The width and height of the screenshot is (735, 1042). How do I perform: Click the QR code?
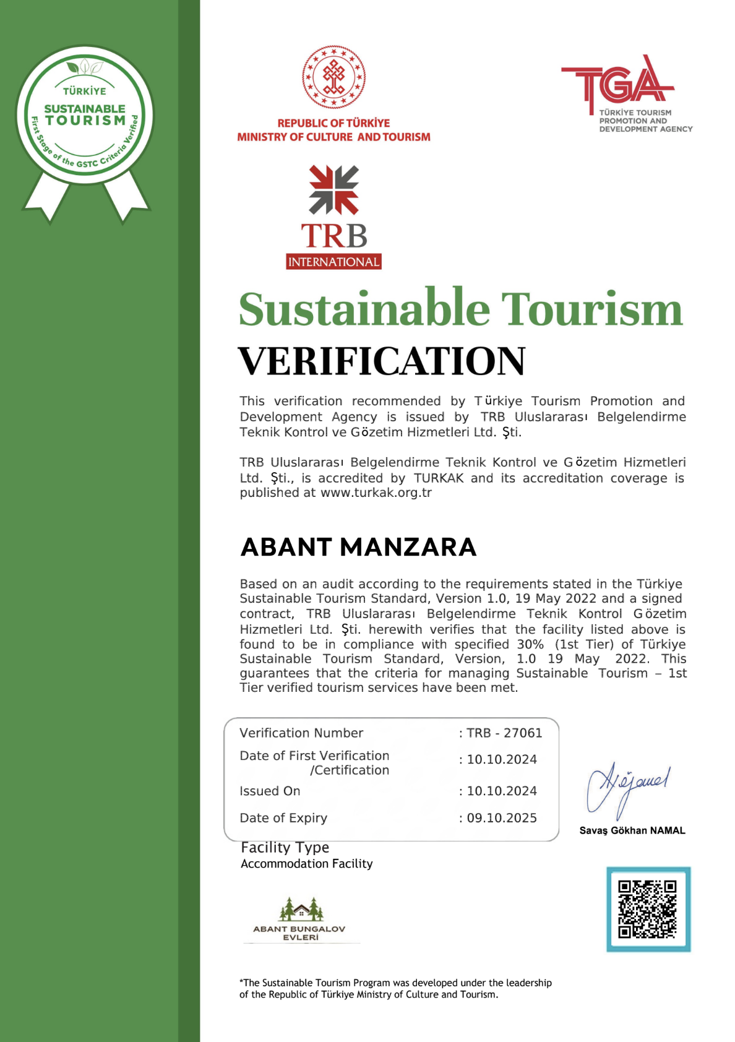coord(648,909)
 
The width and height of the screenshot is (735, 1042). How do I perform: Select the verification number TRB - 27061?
coord(504,733)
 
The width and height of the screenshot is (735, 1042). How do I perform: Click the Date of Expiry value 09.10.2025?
coord(502,818)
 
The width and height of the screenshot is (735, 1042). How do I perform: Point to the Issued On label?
coord(270,791)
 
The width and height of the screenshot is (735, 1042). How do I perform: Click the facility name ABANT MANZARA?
coord(358,547)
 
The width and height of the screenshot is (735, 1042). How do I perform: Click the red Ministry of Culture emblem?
coord(333,77)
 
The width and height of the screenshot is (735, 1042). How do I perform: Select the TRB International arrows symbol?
coord(333,189)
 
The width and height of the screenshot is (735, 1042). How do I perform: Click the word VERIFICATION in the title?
coord(382,361)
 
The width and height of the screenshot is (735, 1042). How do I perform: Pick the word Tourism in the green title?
coord(591,309)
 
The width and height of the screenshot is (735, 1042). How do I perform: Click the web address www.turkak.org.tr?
coord(376,493)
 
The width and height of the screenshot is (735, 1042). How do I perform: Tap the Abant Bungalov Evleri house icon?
coord(301,909)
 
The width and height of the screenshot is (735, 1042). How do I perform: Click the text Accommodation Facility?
coord(306,864)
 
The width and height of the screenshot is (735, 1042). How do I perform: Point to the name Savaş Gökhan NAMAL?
coord(632,830)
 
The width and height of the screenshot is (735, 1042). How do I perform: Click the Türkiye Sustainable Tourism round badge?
coord(85,115)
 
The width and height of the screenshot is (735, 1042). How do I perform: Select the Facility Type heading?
coord(285,847)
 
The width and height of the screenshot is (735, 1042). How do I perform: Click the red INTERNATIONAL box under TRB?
coord(333,262)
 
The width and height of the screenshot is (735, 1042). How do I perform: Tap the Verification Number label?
coord(301,733)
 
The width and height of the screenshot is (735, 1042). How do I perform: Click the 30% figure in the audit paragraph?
coord(530,644)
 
